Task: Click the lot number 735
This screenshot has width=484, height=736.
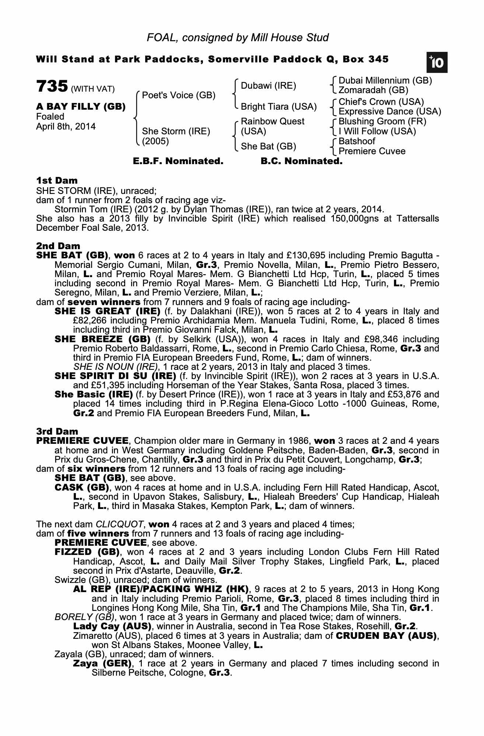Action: click(x=52, y=87)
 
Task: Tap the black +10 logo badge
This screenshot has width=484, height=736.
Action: click(x=437, y=63)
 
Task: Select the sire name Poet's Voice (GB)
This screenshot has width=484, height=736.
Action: click(x=179, y=95)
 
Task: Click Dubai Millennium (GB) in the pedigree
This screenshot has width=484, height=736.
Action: click(x=385, y=81)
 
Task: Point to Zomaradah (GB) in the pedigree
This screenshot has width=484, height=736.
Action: click(x=373, y=90)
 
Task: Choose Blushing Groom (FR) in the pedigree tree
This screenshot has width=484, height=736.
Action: click(x=382, y=121)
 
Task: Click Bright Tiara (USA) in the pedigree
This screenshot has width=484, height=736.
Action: click(x=278, y=107)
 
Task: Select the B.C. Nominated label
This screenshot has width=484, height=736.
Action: click(x=301, y=161)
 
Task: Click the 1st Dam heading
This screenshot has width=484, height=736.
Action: click(x=57, y=180)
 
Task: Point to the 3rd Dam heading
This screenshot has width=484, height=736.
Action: click(x=57, y=431)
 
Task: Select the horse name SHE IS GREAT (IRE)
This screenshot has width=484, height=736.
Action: click(x=107, y=311)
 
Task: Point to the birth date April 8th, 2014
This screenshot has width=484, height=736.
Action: click(x=66, y=127)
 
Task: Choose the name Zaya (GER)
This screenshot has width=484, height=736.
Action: click(x=102, y=664)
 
